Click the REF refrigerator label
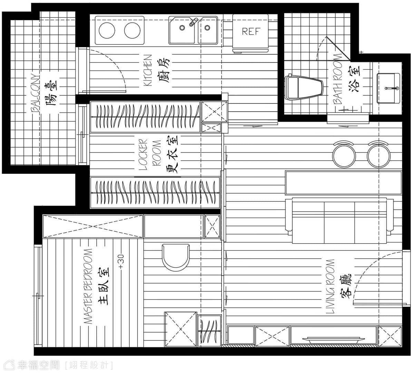(251, 32)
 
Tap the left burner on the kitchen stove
(107, 30)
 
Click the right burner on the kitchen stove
(132, 30)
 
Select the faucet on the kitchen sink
(193, 22)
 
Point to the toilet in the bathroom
(304, 88)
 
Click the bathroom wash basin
(388, 88)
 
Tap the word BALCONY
(35, 93)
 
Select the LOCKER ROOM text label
(150, 154)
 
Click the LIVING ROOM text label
(330, 287)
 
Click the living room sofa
(339, 221)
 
